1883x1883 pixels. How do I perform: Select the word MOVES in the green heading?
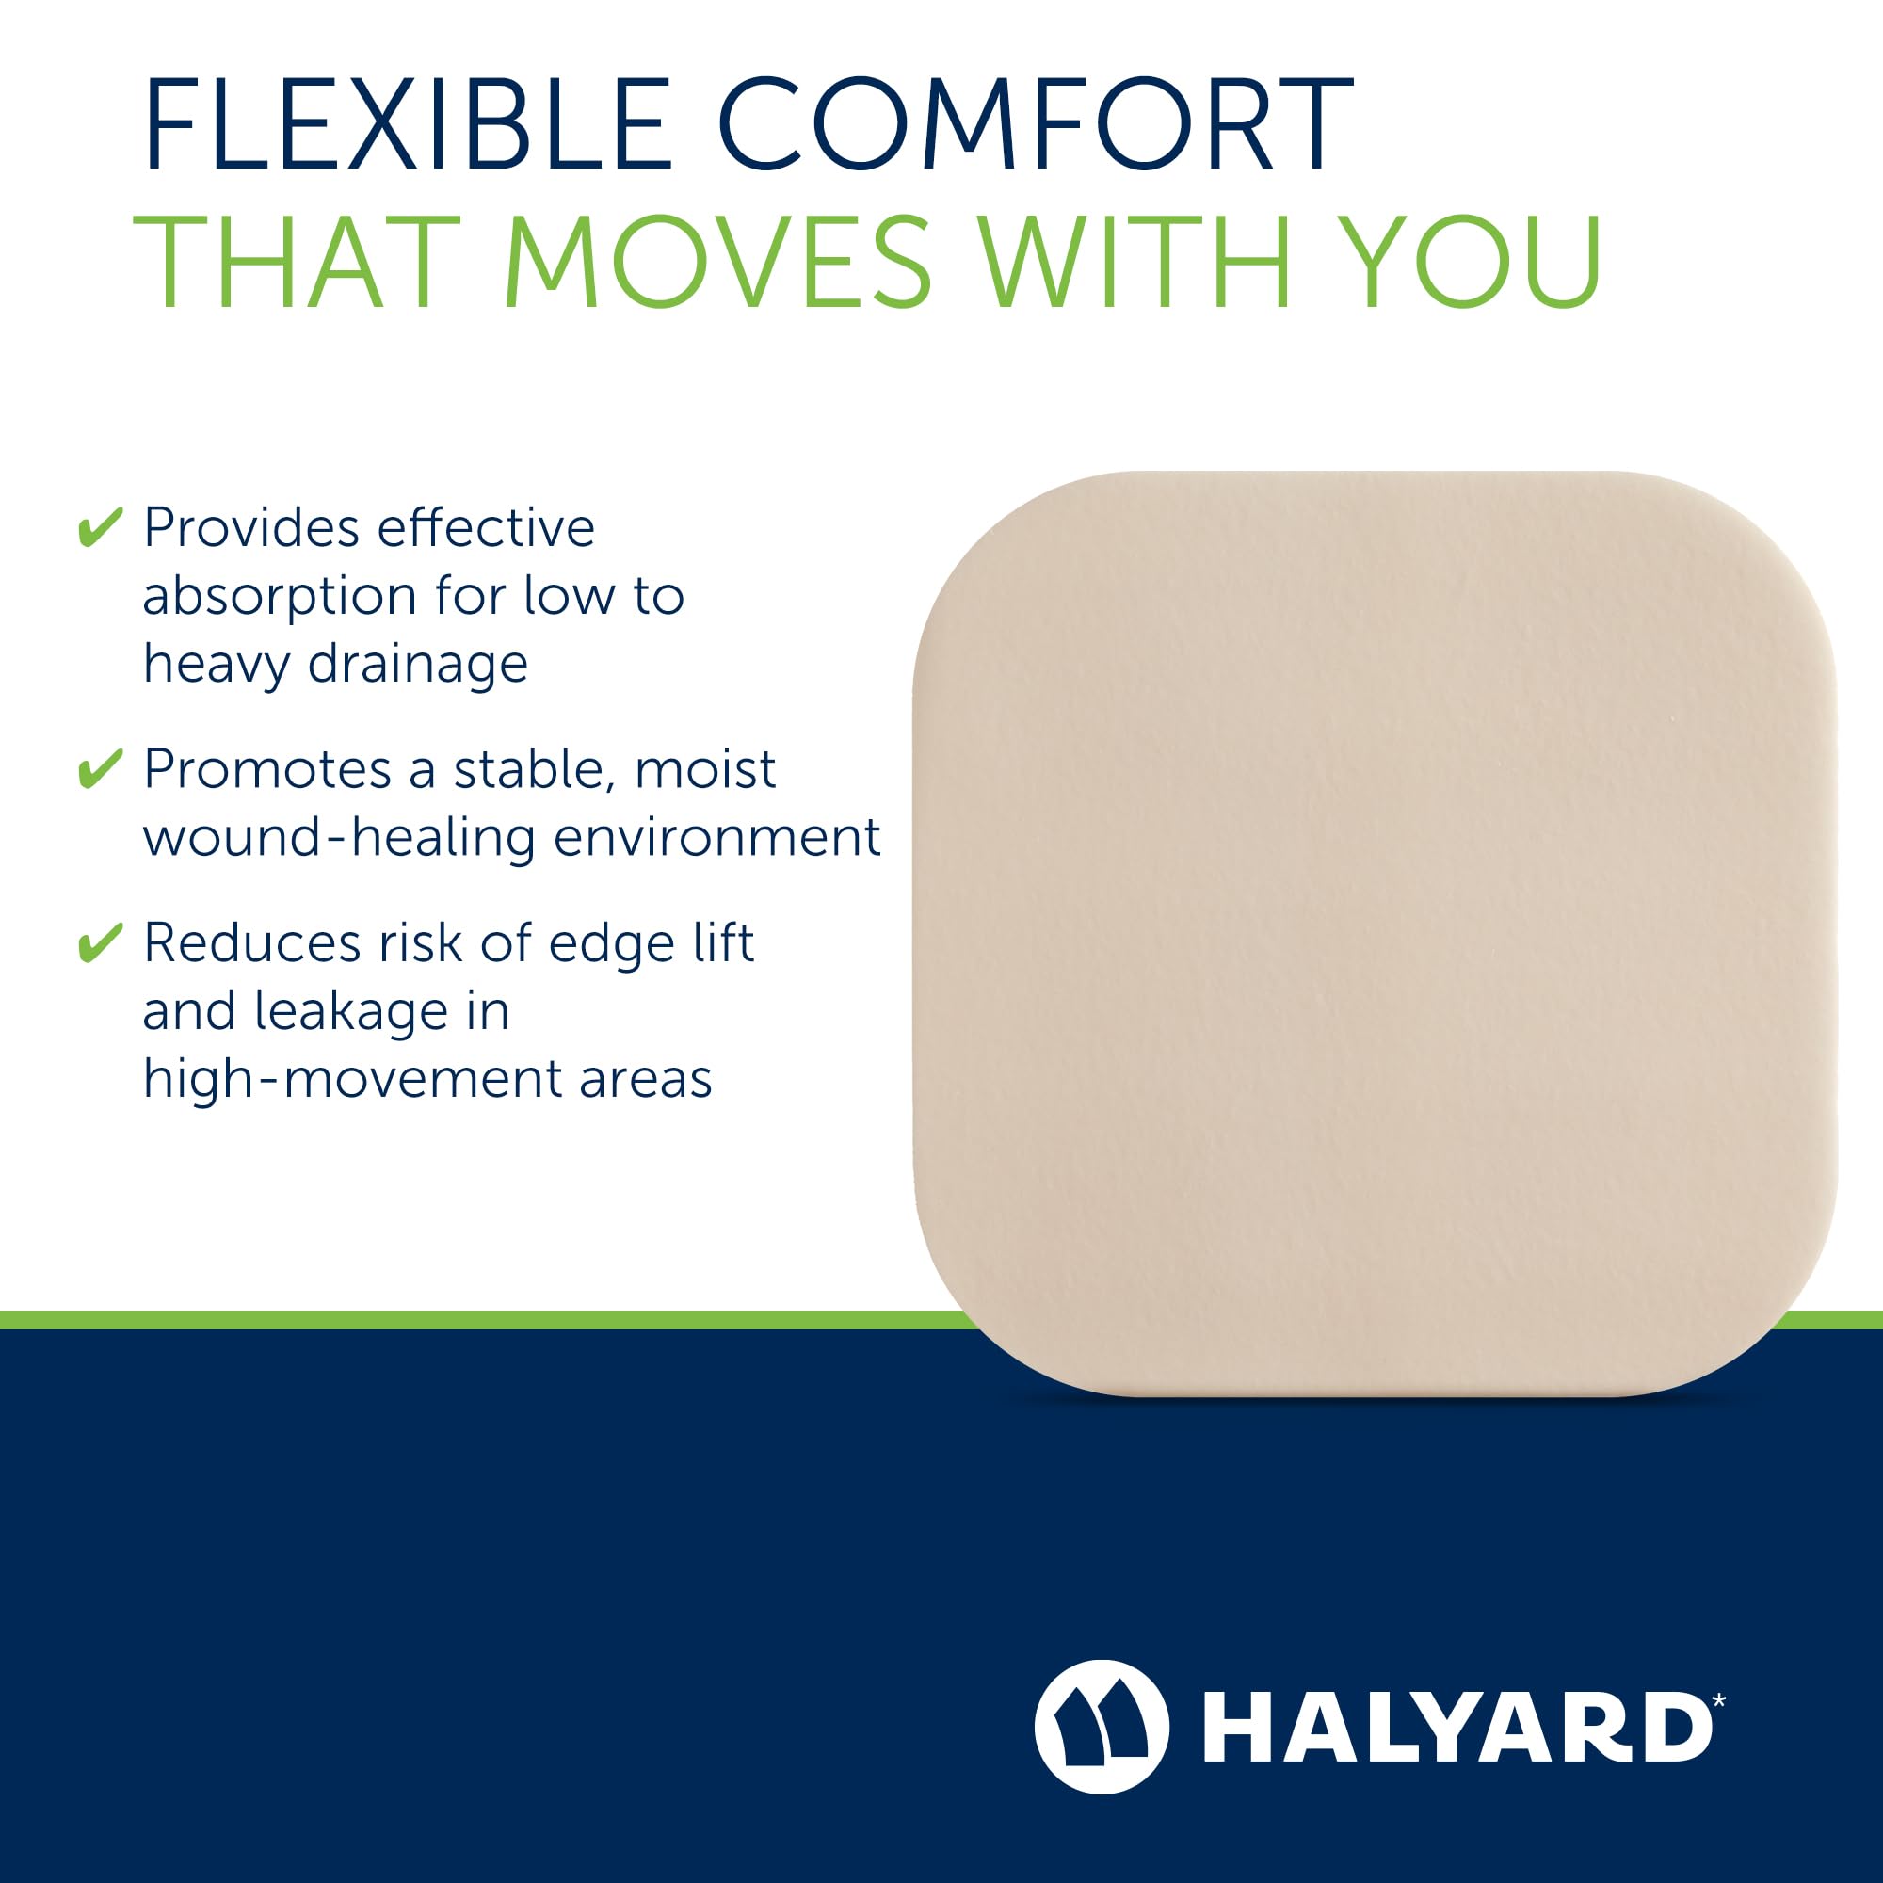coord(717,261)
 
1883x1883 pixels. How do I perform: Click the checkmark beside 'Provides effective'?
coord(100,527)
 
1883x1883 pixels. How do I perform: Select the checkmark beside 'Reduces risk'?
coord(100,941)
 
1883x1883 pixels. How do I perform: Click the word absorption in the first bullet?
coord(280,598)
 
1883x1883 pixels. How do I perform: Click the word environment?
coord(716,837)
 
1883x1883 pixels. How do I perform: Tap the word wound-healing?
coord(339,838)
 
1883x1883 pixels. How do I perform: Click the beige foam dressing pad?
coord(1375,933)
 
